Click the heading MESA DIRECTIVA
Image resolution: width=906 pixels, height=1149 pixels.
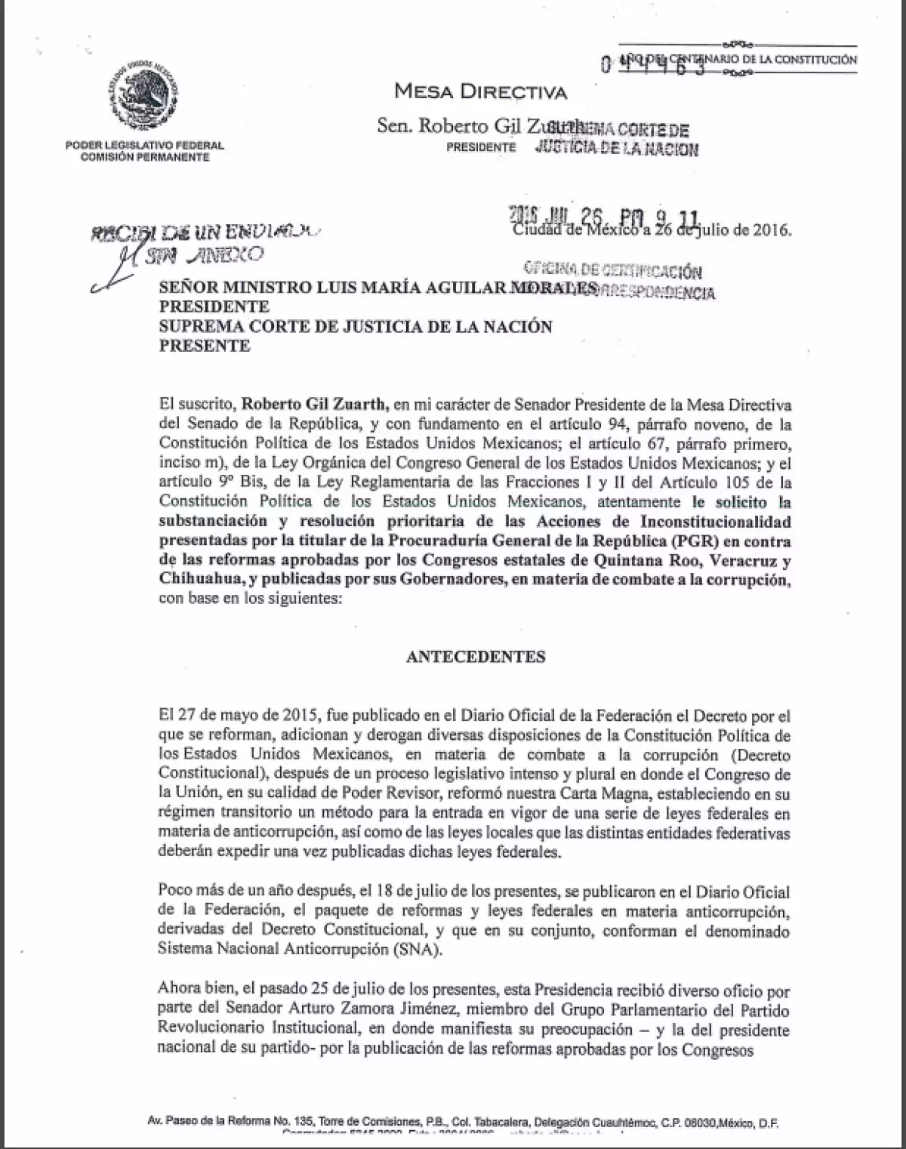click(x=481, y=92)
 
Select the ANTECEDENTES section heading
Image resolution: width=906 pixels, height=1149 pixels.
click(x=476, y=656)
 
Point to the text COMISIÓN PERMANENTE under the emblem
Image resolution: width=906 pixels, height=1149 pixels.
click(x=145, y=157)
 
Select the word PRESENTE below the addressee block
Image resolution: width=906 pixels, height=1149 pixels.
click(x=204, y=346)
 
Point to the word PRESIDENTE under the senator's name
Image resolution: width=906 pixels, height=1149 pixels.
click(x=481, y=147)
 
